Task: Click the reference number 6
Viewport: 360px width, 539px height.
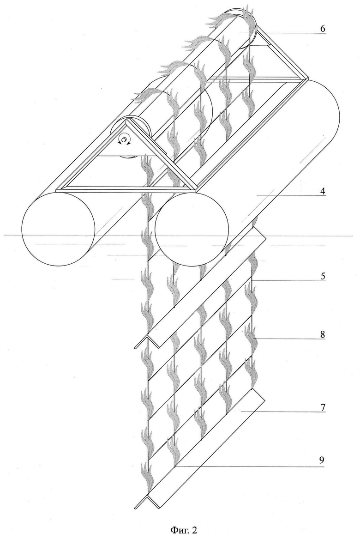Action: pos(322,29)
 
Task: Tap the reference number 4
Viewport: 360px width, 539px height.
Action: pos(322,192)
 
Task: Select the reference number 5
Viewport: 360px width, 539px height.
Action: pos(322,276)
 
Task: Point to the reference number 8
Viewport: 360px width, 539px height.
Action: pos(322,334)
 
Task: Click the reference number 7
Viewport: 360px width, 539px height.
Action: pos(322,408)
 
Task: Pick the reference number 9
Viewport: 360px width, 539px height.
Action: pos(322,460)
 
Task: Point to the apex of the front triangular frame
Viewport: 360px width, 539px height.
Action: pos(127,119)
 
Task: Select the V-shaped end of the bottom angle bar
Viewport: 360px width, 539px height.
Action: pos(147,501)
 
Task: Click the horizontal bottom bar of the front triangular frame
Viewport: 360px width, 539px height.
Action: pos(126,189)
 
